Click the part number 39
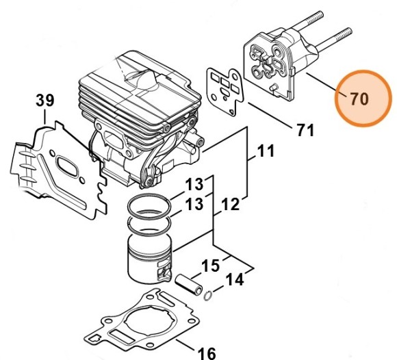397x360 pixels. coord(45,101)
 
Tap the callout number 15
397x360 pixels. coord(211,265)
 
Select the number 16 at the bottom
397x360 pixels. coord(207,352)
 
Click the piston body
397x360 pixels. coord(151,256)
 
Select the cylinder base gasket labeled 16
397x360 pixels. coord(144,321)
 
